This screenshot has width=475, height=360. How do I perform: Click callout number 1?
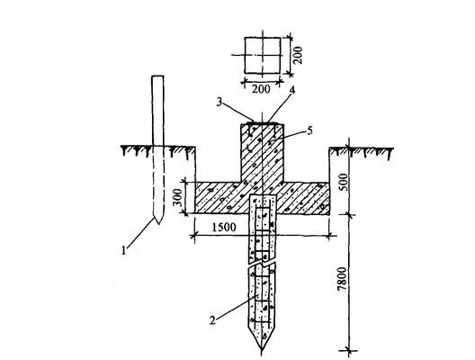coord(123,250)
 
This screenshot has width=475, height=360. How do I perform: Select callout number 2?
coord(213,320)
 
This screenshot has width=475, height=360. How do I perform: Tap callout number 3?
coord(220,102)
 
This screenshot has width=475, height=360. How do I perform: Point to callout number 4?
coord(291,90)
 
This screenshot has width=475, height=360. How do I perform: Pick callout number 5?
coord(309,130)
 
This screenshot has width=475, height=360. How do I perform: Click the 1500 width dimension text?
coord(224,227)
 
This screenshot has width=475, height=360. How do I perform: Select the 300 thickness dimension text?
coord(178,197)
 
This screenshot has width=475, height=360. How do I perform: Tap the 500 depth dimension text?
coord(343,182)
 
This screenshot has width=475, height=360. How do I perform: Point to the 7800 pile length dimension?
coord(342,278)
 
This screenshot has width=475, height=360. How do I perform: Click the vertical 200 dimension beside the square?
coord(298,55)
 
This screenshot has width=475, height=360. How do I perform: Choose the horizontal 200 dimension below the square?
coord(261,89)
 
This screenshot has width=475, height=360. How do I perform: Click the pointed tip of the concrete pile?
coord(262,352)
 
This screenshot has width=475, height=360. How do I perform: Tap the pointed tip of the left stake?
coord(158,223)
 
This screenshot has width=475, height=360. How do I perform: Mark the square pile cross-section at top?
coord(263,55)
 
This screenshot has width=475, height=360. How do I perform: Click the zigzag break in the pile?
coord(262,263)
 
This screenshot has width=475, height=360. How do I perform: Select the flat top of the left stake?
coord(157,76)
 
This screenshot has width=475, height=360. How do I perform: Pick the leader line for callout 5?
coord(288,136)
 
